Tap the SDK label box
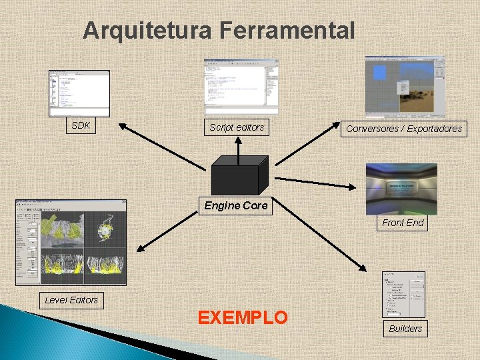click(x=81, y=125)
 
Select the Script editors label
click(x=237, y=127)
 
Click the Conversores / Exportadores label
click(x=404, y=129)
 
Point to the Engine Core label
click(x=236, y=205)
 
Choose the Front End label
click(x=403, y=223)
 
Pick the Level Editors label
click(x=71, y=300)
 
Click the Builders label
click(x=405, y=328)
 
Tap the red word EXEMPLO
click(x=243, y=317)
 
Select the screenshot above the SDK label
click(x=79, y=93)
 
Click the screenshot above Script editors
click(x=241, y=86)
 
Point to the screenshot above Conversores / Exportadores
click(x=404, y=87)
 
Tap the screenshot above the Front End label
click(x=401, y=189)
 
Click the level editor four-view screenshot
click(x=71, y=242)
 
